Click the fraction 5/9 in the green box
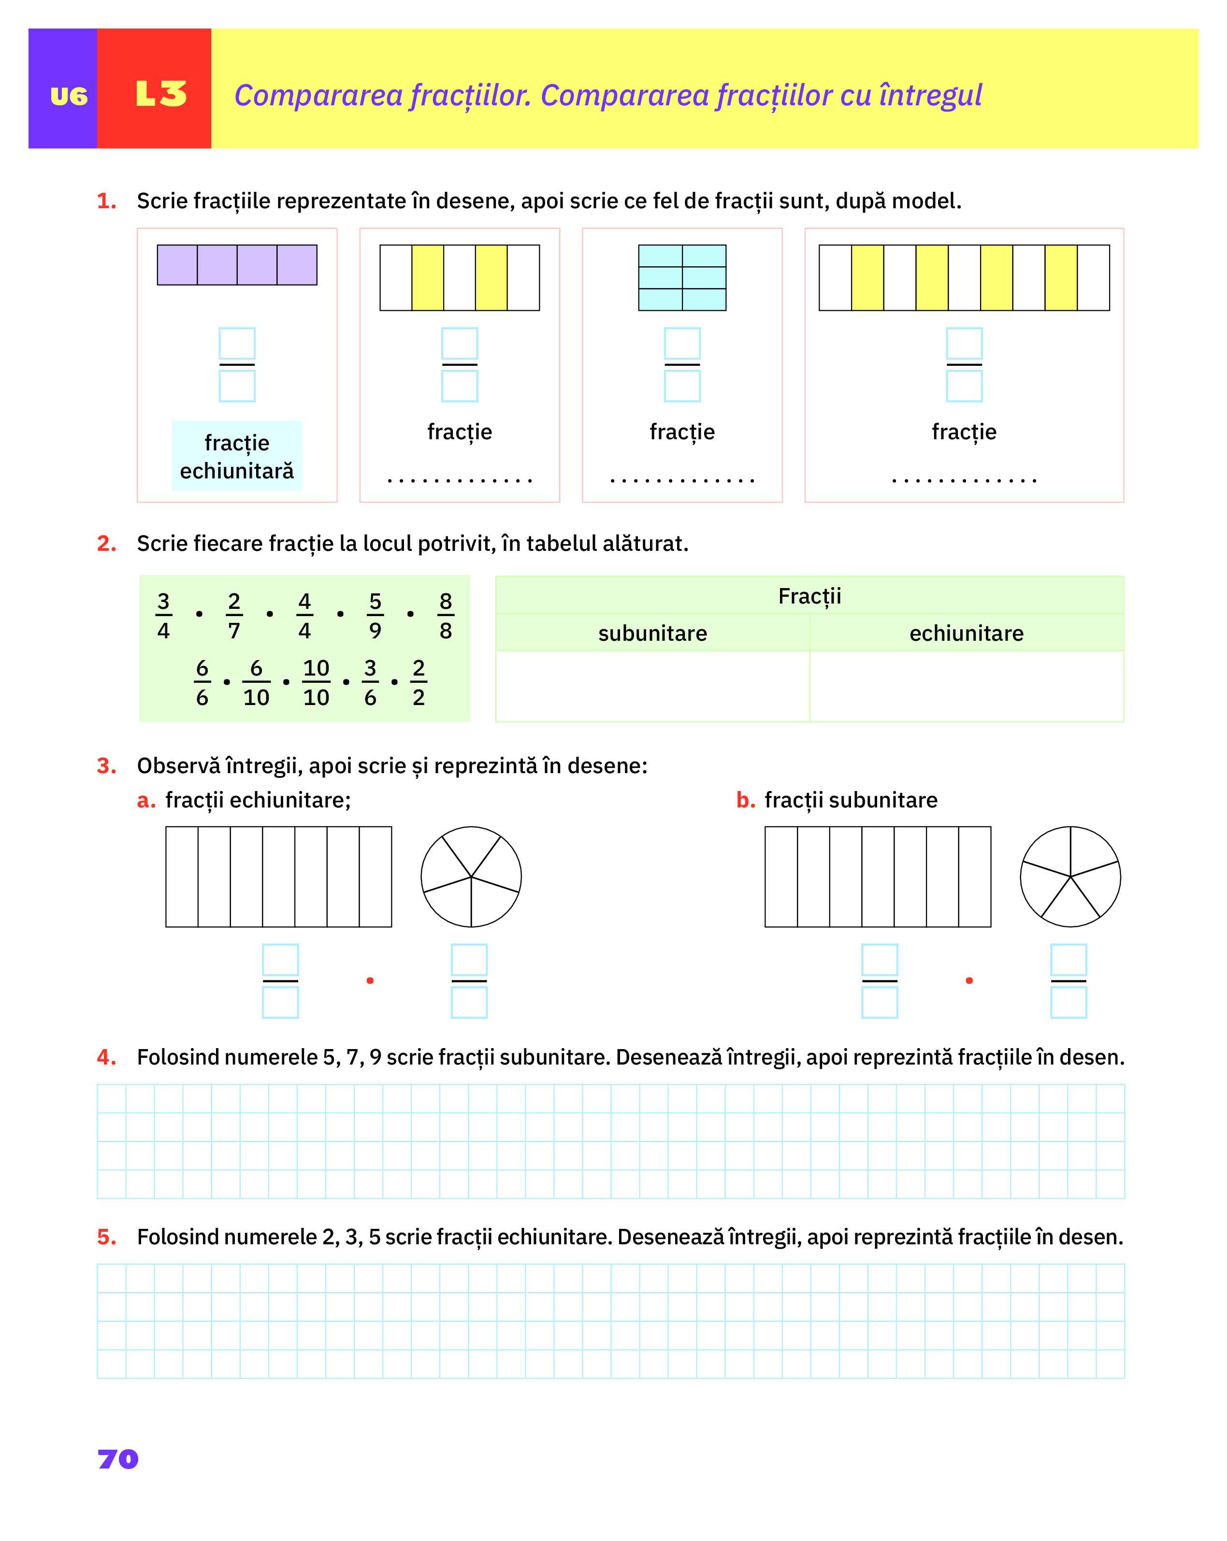click(375, 616)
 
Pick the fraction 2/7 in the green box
click(234, 616)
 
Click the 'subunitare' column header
click(652, 634)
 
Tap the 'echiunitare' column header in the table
click(966, 634)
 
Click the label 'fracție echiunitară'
click(236, 457)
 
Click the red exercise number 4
click(106, 1057)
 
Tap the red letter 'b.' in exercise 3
click(745, 801)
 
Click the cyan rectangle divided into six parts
click(682, 277)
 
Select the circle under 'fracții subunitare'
click(1070, 877)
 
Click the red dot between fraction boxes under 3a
click(370, 980)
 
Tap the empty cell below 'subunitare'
click(652, 686)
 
